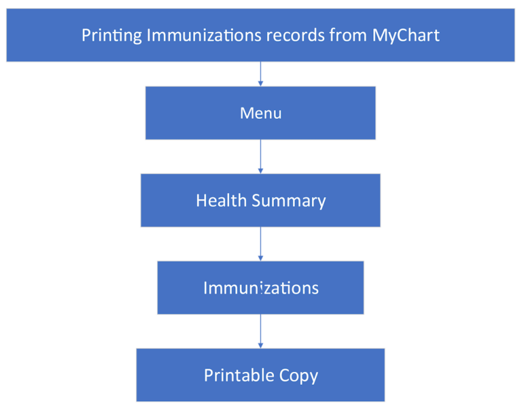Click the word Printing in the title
coord(111,36)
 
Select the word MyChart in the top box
coord(406,36)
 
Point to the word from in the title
coord(348,35)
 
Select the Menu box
coord(260,113)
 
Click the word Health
coord(221,201)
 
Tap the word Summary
coord(289,201)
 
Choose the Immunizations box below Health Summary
coord(260,288)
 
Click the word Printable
coord(239,375)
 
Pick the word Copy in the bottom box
coord(298,376)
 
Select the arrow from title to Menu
coord(260,74)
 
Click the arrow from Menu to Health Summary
coord(260,156)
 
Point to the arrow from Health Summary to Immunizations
coord(260,244)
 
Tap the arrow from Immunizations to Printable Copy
coord(260,331)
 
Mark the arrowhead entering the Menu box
coord(260,84)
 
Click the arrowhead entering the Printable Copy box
coord(260,346)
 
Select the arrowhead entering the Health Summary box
coord(260,171)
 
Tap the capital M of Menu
coord(246,114)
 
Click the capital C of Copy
coord(284,375)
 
